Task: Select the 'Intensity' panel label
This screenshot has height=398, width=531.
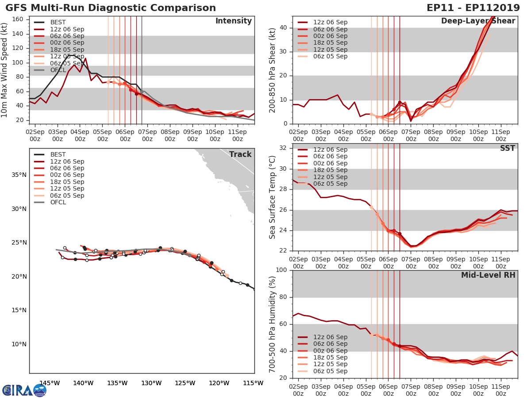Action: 233,21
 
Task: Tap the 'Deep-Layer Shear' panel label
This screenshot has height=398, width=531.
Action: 478,21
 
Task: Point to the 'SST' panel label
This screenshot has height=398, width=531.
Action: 508,149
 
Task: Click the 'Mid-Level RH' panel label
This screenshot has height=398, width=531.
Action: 488,276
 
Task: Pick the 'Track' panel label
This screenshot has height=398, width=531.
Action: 240,154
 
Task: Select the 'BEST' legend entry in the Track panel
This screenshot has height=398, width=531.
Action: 58,154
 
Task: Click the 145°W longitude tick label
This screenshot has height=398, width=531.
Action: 50,383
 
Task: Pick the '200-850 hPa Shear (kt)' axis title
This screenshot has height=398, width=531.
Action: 273,70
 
